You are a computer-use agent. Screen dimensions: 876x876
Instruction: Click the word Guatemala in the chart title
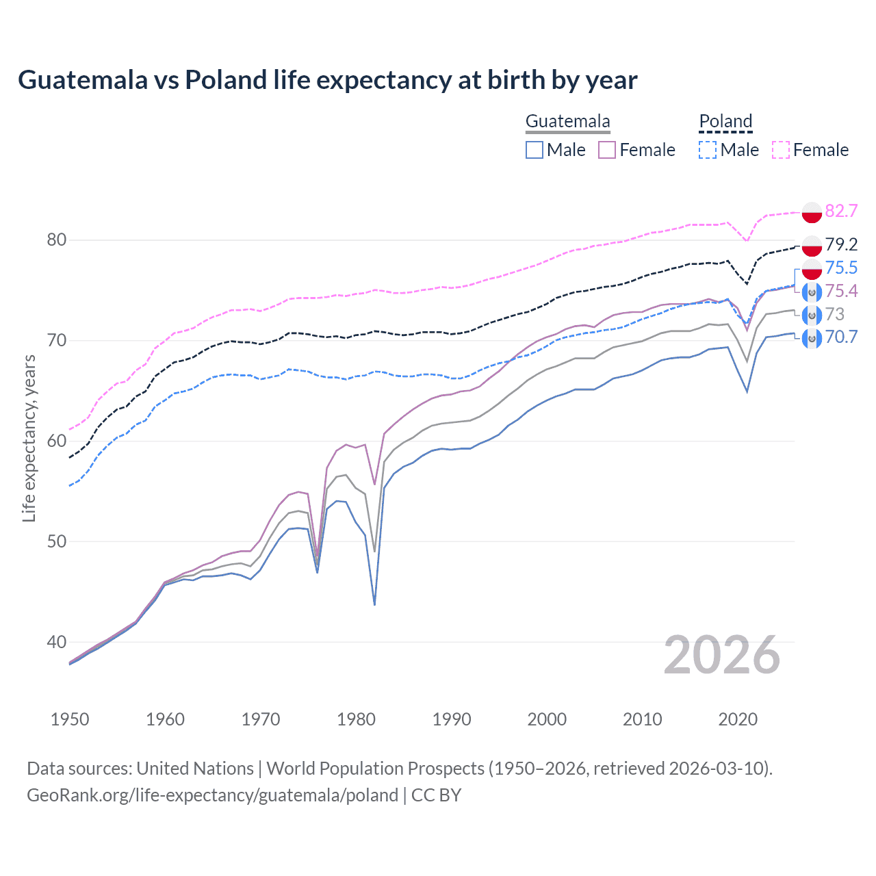coord(82,80)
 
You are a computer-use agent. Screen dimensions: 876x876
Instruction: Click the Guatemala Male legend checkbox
coord(534,150)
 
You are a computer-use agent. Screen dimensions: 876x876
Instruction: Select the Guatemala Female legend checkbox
coord(607,150)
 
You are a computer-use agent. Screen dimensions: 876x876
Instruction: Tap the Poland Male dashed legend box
coord(708,150)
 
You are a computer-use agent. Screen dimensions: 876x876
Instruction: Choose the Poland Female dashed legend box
coord(781,150)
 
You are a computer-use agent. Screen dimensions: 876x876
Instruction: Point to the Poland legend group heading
coord(725,122)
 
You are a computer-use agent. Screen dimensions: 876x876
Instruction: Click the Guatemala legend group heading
coord(567,122)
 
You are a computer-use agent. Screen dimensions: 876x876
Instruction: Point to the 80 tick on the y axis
coord(57,240)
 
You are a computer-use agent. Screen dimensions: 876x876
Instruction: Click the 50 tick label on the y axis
coord(57,541)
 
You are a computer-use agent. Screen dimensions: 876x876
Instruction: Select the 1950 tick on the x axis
coord(70,719)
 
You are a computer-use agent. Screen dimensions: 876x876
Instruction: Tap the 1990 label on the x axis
coord(452,719)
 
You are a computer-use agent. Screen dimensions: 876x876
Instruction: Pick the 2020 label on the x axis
coord(738,719)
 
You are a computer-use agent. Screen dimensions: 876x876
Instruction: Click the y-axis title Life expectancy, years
coord(29,438)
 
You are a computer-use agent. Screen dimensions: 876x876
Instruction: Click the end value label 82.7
coord(841,211)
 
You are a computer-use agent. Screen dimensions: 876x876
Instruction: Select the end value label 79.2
coord(841,244)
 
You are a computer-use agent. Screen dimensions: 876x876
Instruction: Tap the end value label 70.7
coord(841,337)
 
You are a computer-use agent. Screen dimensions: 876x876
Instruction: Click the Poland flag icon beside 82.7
coord(812,212)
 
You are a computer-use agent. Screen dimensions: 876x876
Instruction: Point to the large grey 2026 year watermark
coord(721,655)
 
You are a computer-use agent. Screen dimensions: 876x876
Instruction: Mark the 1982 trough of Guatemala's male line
coord(374,604)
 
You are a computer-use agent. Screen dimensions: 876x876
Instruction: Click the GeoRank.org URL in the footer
coord(212,795)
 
